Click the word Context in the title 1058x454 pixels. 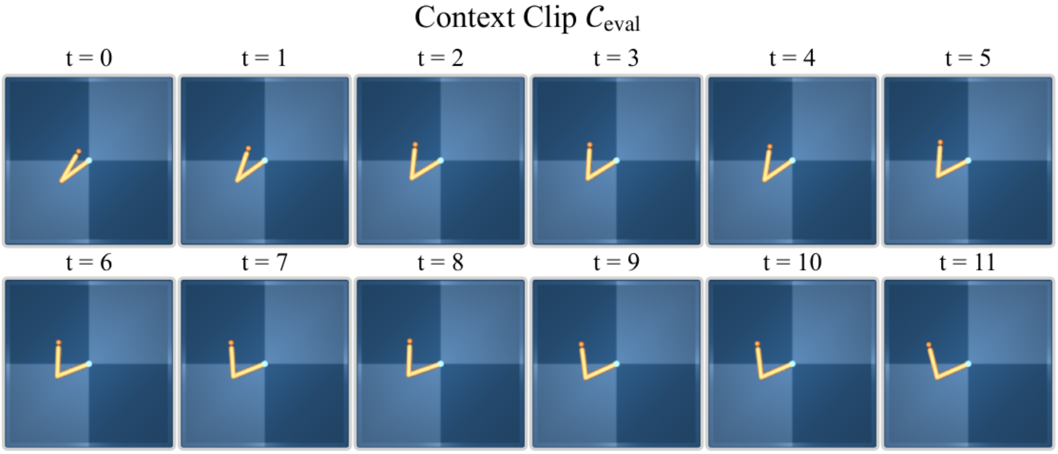464,17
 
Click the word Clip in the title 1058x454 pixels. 549,18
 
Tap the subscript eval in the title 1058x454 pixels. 622,23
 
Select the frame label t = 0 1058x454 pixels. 89,58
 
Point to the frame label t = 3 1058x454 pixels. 616,58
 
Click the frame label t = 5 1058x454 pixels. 968,58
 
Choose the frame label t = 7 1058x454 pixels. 264,263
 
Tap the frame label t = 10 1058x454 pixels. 792,263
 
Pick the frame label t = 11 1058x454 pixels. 968,263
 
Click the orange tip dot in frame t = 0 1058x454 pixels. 79,152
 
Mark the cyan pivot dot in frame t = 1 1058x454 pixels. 265,160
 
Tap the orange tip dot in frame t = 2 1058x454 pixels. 415,145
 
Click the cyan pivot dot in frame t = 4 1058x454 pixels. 793,160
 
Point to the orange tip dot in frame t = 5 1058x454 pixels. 940,142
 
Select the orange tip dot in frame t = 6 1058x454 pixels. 59,342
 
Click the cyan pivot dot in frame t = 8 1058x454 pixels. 440,364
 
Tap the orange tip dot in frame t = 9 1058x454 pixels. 581,344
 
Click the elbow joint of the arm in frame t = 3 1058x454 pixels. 588,179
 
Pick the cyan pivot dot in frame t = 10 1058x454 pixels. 793,364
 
